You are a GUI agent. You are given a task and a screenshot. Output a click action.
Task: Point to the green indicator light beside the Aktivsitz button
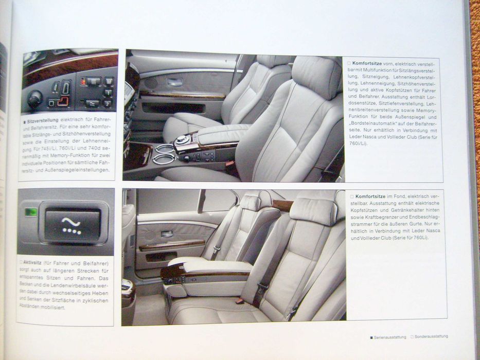pos(31,211)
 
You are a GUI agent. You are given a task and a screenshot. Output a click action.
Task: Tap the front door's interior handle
pos(174,82)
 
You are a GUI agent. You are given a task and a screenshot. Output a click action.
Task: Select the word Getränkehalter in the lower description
pos(405,210)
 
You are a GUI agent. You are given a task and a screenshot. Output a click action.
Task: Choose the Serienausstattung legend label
pos(390,337)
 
